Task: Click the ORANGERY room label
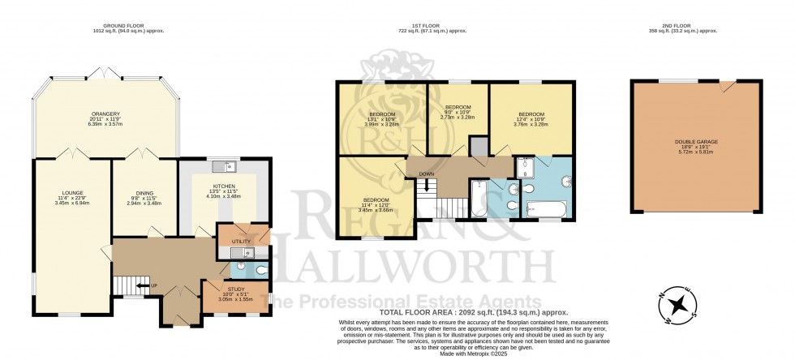[103, 114]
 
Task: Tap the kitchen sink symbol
[221, 168]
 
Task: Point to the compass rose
[683, 307]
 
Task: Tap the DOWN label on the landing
[426, 174]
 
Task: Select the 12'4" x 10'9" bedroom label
[531, 114]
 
